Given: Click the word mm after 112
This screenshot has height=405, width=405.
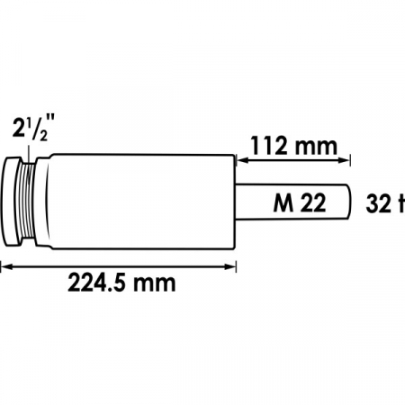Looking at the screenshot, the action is (x=316, y=148).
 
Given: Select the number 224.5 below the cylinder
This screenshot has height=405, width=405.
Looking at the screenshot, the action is (x=96, y=283).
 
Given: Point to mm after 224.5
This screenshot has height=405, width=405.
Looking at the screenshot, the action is (x=154, y=284).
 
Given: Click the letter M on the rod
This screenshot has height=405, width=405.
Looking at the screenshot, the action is (x=283, y=203).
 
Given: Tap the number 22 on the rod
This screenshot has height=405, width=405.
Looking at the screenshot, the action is (x=313, y=203).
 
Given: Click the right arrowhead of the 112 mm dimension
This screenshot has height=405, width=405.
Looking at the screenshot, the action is (x=344, y=160).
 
